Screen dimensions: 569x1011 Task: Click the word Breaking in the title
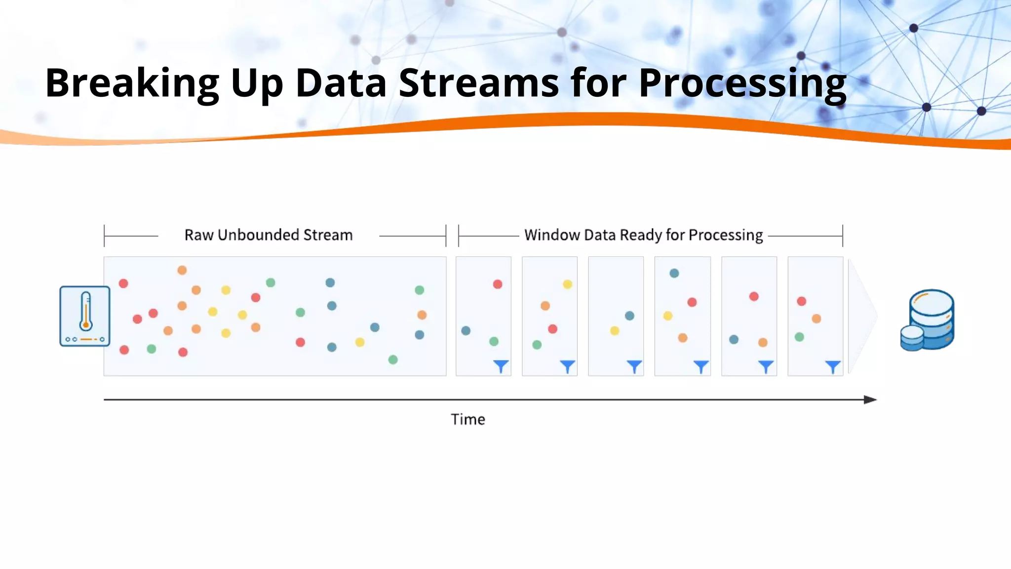[x=132, y=83]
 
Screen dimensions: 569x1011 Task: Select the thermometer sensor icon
[x=85, y=316]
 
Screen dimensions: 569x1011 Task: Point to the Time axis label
[x=467, y=419]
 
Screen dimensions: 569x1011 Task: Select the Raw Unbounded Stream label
[x=269, y=235]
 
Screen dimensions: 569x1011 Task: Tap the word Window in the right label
[x=551, y=235]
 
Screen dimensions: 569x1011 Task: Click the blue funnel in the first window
[x=501, y=366]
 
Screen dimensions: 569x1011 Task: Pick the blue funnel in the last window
[x=833, y=366]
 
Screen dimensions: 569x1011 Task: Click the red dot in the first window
[x=498, y=284]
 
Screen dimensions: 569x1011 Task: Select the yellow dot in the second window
[x=568, y=284]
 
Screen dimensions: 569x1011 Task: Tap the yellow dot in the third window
[x=615, y=330]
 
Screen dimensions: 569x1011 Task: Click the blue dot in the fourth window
[x=674, y=273]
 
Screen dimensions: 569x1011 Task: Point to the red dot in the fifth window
[x=754, y=296]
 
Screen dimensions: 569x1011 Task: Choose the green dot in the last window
[x=800, y=337]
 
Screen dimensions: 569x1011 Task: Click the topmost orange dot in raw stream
[x=182, y=270]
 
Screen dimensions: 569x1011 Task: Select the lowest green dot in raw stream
[x=393, y=360]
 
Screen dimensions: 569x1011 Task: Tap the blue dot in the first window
[x=466, y=330]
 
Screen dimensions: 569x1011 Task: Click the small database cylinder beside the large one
[x=912, y=338]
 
